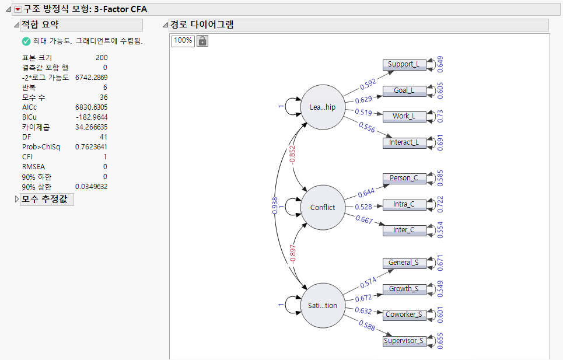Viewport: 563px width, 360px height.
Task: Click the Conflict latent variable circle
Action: [x=323, y=207]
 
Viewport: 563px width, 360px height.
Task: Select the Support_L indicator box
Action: [x=404, y=64]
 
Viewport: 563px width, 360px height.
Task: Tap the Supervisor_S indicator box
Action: [x=404, y=341]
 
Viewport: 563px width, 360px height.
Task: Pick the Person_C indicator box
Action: [x=404, y=178]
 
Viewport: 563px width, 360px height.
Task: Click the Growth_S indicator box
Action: [x=404, y=289]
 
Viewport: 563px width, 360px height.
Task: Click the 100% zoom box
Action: [x=183, y=41]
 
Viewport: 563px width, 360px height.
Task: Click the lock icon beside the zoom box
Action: [x=202, y=41]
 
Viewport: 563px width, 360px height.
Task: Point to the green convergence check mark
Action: [x=26, y=41]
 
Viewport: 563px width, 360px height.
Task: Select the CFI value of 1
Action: [x=105, y=157]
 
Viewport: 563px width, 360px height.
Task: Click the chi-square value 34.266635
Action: [x=92, y=127]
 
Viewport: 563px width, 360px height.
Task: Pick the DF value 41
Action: [x=103, y=137]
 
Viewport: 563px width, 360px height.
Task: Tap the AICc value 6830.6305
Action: [x=92, y=107]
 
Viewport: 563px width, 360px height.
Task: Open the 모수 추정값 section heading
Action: [x=47, y=200]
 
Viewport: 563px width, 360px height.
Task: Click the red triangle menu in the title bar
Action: [x=18, y=9]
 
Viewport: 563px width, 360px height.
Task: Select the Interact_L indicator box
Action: [x=404, y=142]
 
